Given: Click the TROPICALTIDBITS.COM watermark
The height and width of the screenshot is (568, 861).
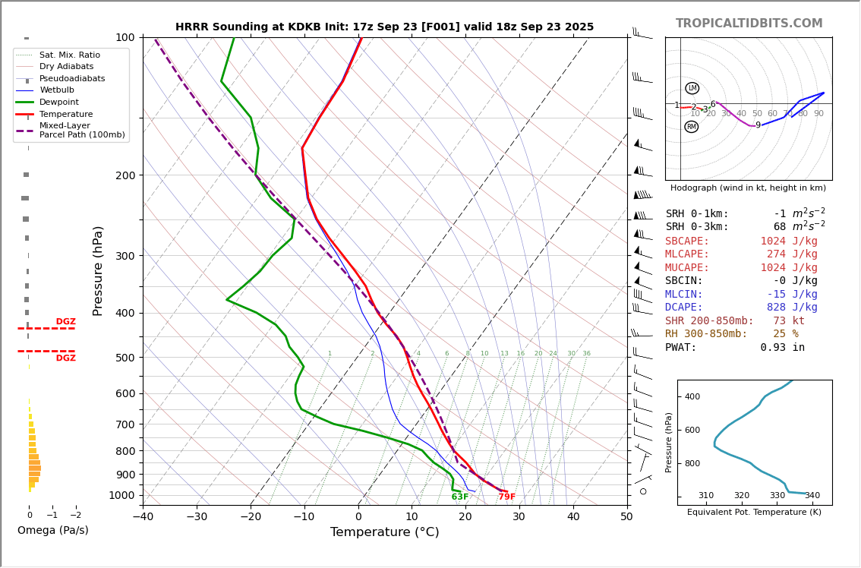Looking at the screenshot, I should pos(749,24).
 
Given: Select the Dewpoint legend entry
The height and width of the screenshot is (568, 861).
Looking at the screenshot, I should pos(60,103).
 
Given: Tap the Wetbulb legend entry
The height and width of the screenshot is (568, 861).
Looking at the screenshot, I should pos(57,90).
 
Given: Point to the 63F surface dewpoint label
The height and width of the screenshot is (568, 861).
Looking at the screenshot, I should pos(460,497).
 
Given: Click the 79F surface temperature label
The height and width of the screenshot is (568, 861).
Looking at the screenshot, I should pos(506,497).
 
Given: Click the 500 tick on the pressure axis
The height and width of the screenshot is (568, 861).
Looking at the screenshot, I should pos(125,358).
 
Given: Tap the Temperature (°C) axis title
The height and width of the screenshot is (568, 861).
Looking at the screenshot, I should pos(384,533).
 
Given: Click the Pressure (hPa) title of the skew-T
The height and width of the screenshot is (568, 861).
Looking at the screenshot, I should pos(98,270).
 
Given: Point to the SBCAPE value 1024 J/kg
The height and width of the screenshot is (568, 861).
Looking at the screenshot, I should pos(789,241).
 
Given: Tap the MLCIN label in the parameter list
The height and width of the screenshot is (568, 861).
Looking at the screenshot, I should pos(684,295).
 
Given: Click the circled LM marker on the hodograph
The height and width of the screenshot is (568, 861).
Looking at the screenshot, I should pos(692,88).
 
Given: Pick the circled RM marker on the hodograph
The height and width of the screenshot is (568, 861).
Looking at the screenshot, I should pos(691,127).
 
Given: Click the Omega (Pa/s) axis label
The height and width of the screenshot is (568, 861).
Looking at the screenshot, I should pos(52,531).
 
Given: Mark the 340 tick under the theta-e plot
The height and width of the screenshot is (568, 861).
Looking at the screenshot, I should pos(812,496).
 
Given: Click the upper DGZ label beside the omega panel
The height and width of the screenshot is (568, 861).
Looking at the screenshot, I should pos(65,322).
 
